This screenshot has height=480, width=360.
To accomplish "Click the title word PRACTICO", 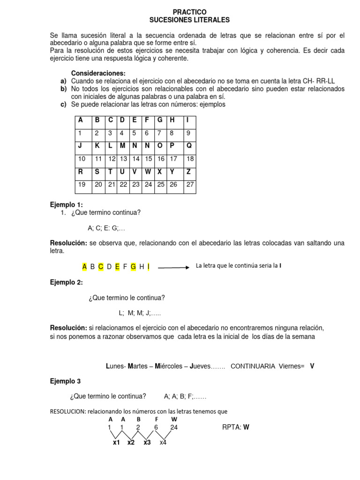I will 189,12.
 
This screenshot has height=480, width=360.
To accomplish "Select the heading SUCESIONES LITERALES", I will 189,20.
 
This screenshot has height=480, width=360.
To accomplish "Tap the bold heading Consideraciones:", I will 98,73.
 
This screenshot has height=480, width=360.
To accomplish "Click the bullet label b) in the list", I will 63,89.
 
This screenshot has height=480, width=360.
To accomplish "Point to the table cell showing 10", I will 82,159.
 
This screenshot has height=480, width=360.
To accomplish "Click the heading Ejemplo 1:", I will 66,205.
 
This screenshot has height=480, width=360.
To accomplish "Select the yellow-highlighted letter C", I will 101,267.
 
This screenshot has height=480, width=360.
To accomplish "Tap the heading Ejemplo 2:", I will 66,282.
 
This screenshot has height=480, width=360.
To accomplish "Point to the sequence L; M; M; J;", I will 139,313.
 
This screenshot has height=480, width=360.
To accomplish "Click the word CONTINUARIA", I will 253,366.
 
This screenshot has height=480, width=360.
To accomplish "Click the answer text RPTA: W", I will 238,427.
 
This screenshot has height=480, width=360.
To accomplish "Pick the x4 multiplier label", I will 163,442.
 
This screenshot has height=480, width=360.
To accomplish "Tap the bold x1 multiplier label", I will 117,442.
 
